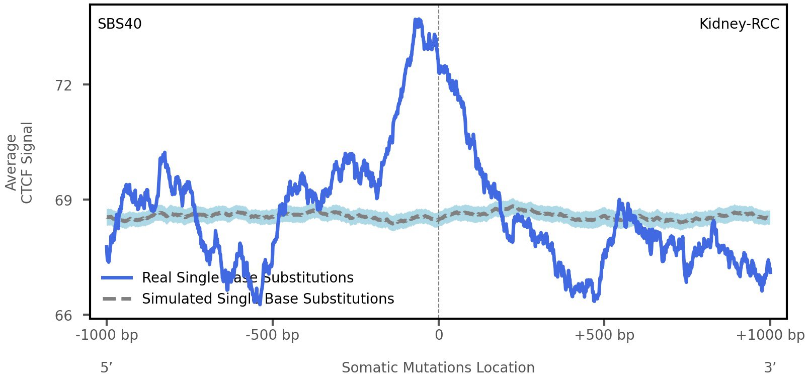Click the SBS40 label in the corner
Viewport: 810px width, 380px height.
coord(119,24)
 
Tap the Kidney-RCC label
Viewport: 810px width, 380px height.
coord(739,24)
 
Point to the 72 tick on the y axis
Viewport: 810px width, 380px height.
coord(63,85)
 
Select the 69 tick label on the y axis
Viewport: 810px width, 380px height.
coord(63,200)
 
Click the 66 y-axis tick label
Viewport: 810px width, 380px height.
coord(63,316)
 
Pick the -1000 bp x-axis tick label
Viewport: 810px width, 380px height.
coord(107,335)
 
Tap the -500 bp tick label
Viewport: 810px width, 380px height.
coord(272,335)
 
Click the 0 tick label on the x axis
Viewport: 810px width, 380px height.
coord(439,335)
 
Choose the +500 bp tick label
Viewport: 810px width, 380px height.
coord(604,335)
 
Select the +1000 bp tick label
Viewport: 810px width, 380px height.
coord(770,335)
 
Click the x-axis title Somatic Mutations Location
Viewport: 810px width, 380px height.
coord(438,368)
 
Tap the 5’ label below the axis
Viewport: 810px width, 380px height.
coord(106,368)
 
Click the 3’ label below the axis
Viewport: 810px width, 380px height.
coord(770,368)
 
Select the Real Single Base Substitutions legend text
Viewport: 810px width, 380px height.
coord(248,278)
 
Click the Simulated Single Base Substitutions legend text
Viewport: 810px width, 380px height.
coord(268,299)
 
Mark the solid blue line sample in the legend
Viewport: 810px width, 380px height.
coord(117,278)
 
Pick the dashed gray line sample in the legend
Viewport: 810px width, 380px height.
coord(117,299)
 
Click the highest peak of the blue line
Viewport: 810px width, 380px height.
coord(418,20)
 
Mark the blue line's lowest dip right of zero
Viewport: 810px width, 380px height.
coord(595,300)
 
